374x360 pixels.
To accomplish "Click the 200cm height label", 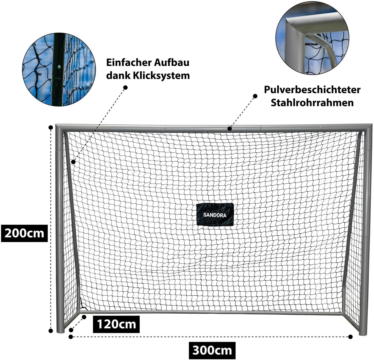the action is pyautogui.click(x=24, y=233).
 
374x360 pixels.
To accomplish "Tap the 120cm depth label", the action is pyautogui.click(x=116, y=324).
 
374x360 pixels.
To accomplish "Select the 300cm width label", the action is pyautogui.click(x=212, y=350).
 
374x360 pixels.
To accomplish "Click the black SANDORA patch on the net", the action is pyautogui.click(x=215, y=215).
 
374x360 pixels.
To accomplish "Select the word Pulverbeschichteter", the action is pyautogui.click(x=312, y=90).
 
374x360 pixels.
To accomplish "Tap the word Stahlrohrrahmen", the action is pyautogui.click(x=312, y=103).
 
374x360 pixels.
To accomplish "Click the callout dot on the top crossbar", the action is pyautogui.click(x=229, y=129).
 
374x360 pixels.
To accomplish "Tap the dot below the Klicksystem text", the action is pyautogui.click(x=125, y=87).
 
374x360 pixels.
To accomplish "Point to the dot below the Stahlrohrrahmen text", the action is pyautogui.click(x=255, y=96).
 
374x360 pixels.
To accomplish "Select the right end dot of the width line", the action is pyautogui.click(x=350, y=337).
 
